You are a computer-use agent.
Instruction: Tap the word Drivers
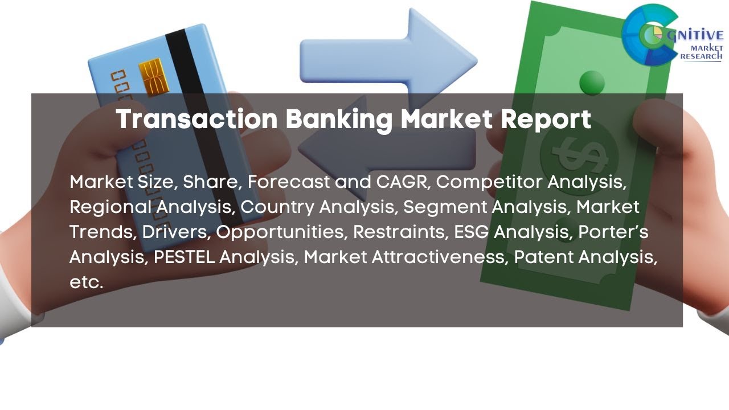177,232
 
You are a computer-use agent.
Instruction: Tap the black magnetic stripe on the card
188,74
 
